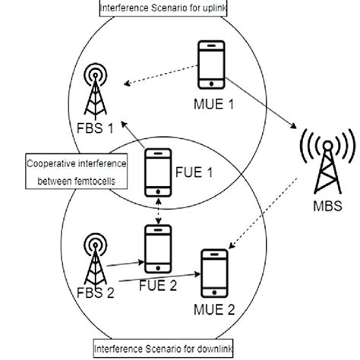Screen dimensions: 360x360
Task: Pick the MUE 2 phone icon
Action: coord(215,275)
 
